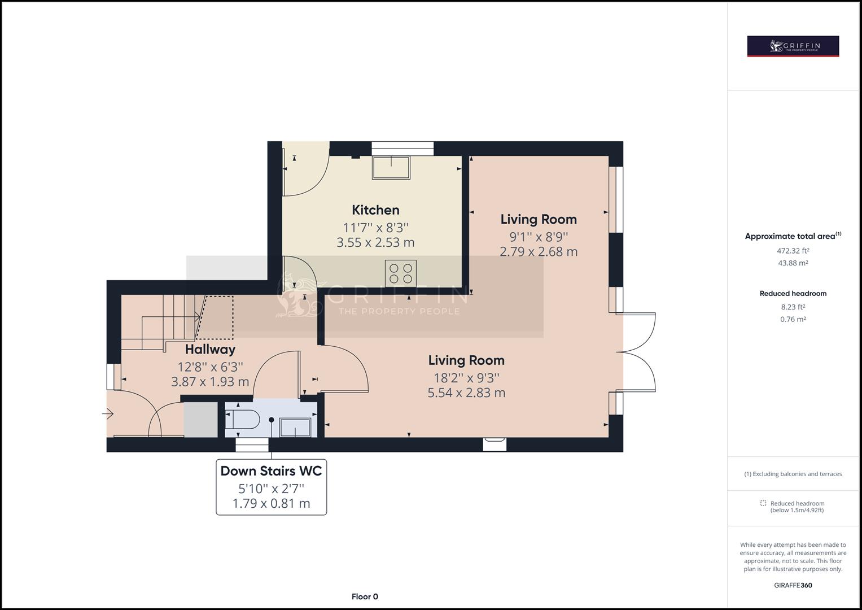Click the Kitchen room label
tap(375, 210)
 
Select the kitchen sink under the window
tap(391, 168)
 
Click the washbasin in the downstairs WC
tap(295, 427)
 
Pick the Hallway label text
tap(210, 349)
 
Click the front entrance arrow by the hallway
tap(108, 415)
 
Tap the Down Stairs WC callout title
tap(271, 471)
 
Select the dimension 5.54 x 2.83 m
tap(466, 393)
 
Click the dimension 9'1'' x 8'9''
tap(539, 237)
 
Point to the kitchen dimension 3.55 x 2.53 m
tap(375, 242)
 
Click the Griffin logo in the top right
tap(793, 46)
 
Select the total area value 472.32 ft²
tap(793, 251)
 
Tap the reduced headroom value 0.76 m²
tap(793, 319)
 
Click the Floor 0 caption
tap(365, 596)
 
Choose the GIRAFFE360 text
tap(793, 585)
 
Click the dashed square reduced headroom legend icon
tap(763, 503)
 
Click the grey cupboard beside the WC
tap(200, 419)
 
